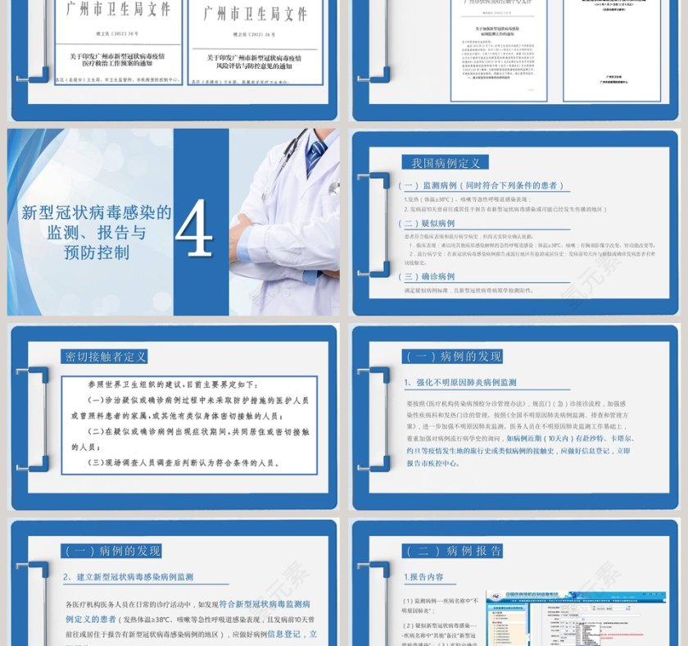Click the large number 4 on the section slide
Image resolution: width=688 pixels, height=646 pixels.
point(194,230)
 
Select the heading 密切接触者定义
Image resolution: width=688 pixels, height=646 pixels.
point(104,357)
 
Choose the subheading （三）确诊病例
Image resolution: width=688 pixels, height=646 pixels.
point(426,276)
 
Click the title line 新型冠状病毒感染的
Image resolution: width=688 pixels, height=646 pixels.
point(96,213)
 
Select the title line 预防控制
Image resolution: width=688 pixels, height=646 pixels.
point(96,253)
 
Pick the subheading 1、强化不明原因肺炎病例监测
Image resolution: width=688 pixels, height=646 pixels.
point(459,382)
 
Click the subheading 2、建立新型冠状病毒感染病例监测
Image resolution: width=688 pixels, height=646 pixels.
point(129,577)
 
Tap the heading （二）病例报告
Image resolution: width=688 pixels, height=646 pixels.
point(452,551)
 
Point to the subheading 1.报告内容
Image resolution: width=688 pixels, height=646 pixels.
point(424,577)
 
